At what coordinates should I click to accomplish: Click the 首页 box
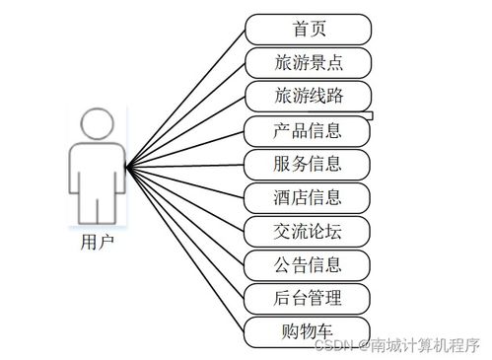pos(309,29)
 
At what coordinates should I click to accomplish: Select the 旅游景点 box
pos(309,62)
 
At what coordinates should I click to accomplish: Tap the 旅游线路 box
pos(309,96)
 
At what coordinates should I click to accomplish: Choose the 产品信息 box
pos(309,129)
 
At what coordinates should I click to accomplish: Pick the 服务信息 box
pos(309,163)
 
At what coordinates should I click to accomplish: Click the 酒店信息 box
pos(309,196)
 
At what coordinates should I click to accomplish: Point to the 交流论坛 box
pos(309,230)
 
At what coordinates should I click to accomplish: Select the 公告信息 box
pos(309,263)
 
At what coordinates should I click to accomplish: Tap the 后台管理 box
pos(309,297)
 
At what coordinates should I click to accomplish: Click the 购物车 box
pos(309,330)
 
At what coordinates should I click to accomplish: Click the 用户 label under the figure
pos(97,240)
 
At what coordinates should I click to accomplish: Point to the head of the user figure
pos(96,126)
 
